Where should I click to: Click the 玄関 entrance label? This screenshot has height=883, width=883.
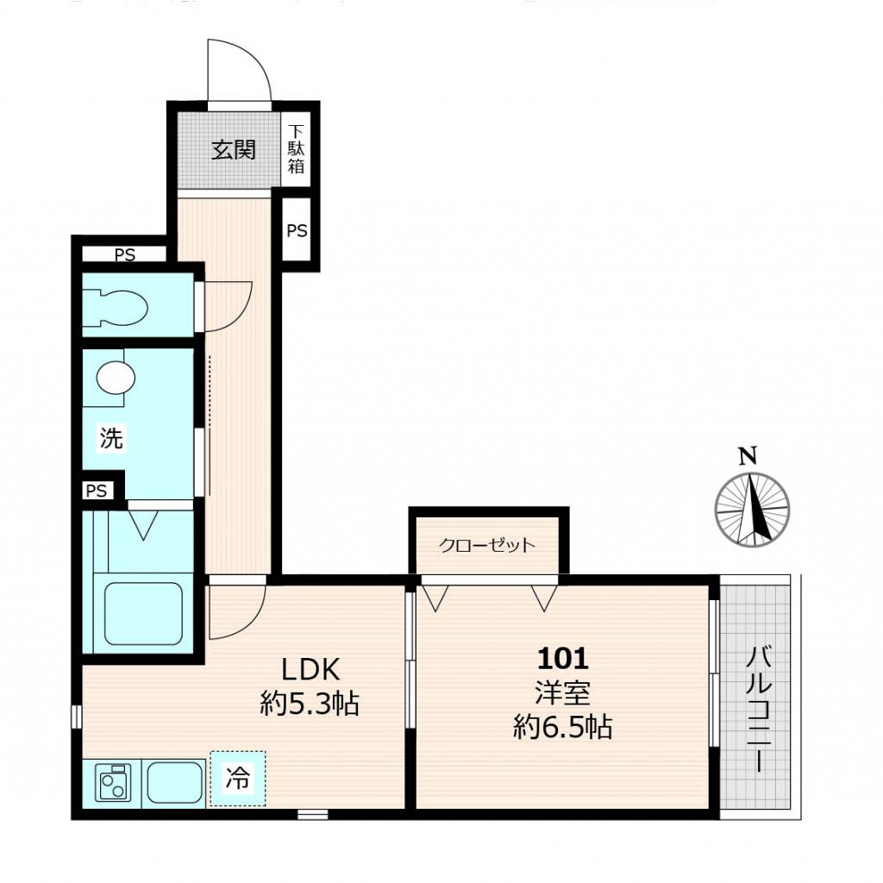pyautogui.click(x=233, y=150)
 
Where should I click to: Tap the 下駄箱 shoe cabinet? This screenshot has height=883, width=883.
pyautogui.click(x=297, y=148)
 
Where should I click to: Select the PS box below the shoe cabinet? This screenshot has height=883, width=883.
pyautogui.click(x=297, y=230)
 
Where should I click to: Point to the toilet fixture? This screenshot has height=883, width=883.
pyautogui.click(x=115, y=308)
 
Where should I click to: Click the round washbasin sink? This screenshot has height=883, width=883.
pyautogui.click(x=116, y=377)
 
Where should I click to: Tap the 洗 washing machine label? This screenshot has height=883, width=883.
pyautogui.click(x=111, y=438)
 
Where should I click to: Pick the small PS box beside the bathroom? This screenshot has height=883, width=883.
pyautogui.click(x=97, y=491)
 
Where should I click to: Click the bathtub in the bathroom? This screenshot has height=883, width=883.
pyautogui.click(x=144, y=614)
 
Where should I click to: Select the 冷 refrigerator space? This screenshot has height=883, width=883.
pyautogui.click(x=237, y=779)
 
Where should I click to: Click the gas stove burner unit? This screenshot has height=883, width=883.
pyautogui.click(x=113, y=783)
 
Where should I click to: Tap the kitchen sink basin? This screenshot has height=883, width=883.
pyautogui.click(x=175, y=783)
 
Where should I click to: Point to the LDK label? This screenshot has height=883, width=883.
pyautogui.click(x=310, y=669)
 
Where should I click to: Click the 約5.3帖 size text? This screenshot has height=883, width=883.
pyautogui.click(x=310, y=704)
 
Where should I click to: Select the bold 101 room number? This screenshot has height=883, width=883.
pyautogui.click(x=563, y=658)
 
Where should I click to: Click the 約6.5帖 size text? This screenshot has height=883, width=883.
pyautogui.click(x=562, y=727)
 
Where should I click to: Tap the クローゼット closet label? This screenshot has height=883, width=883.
pyautogui.click(x=486, y=545)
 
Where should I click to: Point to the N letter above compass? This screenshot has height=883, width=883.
pyautogui.click(x=748, y=456)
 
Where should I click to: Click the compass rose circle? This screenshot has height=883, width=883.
pyautogui.click(x=752, y=510)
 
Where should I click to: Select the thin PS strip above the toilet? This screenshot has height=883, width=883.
pyautogui.click(x=124, y=254)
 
